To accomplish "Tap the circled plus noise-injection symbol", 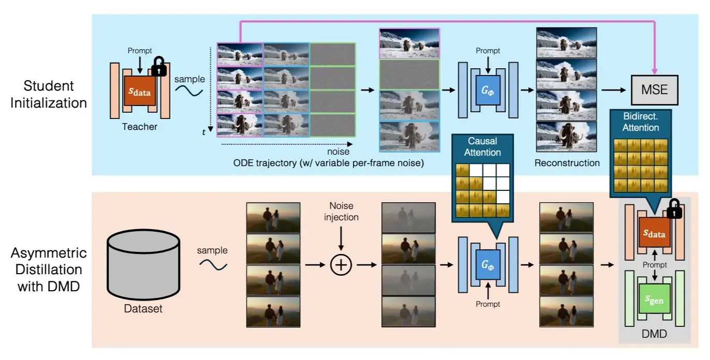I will (x=341, y=265).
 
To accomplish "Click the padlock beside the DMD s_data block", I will (x=673, y=209).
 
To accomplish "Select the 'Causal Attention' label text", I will (x=482, y=146).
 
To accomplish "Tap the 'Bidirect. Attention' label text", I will (x=641, y=122).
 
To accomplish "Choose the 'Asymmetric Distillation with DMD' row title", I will (x=49, y=269).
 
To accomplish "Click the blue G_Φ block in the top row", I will (x=487, y=90).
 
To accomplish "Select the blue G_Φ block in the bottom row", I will (x=487, y=265).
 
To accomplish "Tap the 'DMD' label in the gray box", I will (x=655, y=335).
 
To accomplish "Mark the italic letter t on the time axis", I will (x=204, y=132).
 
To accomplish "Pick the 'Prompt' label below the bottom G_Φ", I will (x=487, y=304).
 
